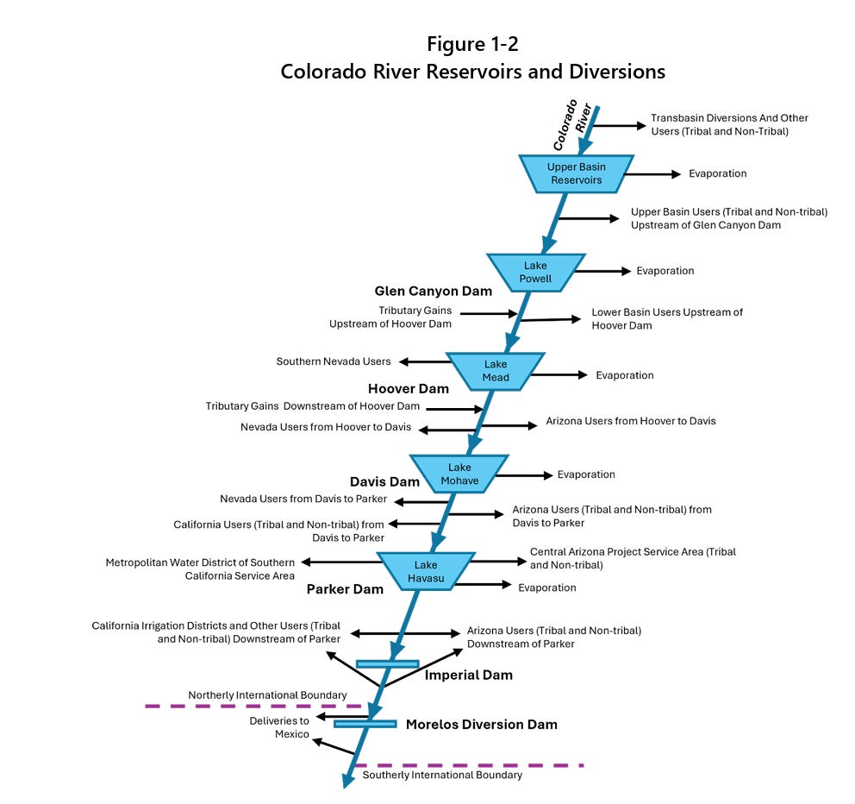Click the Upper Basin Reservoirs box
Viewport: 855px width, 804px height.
[x=576, y=174]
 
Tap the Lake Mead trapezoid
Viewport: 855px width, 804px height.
[x=495, y=371]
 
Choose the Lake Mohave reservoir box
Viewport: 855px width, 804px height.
[x=459, y=474]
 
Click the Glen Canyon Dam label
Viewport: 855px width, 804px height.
[x=433, y=292]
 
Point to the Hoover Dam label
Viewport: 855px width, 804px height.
[x=409, y=389]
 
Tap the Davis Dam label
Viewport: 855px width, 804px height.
[x=384, y=482]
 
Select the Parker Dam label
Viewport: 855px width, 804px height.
[x=345, y=590]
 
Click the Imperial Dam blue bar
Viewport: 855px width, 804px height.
[x=387, y=663]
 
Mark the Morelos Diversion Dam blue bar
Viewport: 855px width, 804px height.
[x=365, y=724]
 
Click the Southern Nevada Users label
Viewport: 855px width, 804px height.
[x=334, y=361]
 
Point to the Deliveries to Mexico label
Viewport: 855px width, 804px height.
[x=279, y=727]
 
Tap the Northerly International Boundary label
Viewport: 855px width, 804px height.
[x=267, y=695]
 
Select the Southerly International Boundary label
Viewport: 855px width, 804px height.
[x=442, y=776]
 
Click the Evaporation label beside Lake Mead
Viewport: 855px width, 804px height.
[x=625, y=375]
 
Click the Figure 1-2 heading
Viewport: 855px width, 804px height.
[x=472, y=43]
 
